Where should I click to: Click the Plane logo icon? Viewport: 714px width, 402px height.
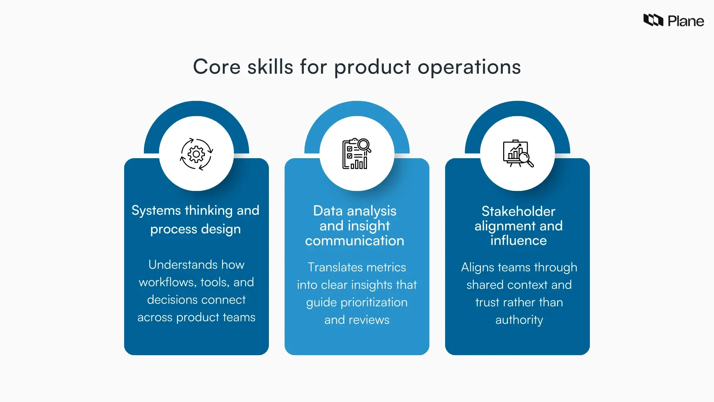pos(653,20)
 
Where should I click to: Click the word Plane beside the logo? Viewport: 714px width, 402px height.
pos(686,21)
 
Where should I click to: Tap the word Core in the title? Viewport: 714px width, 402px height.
pos(217,67)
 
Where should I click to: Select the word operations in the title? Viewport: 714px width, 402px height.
pos(469,67)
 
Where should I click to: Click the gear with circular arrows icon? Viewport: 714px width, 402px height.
pos(196,154)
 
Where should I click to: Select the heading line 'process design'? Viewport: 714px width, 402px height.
pos(196,229)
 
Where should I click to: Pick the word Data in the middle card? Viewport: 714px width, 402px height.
pos(328,211)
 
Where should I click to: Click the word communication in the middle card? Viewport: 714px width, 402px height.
pos(355,241)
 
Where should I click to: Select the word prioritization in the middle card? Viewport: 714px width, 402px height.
pos(374,302)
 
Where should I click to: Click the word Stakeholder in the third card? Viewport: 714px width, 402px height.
pos(518,211)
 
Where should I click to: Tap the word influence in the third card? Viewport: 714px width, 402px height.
pos(518,240)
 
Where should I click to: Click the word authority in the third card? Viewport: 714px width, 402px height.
pos(519,320)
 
